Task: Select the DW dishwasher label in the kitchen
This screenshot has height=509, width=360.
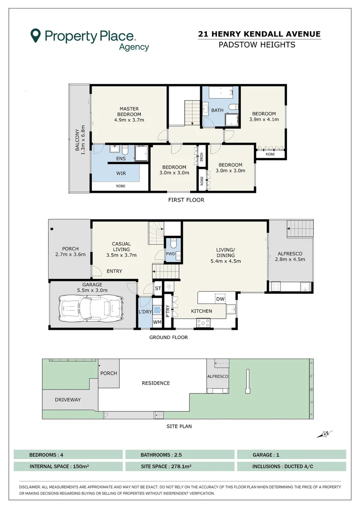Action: pyautogui.click(x=221, y=299)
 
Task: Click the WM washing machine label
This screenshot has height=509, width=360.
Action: pyautogui.click(x=157, y=322)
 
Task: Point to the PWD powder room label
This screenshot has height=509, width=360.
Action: pyautogui.click(x=171, y=254)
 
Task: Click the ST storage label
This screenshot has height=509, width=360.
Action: pyautogui.click(x=158, y=288)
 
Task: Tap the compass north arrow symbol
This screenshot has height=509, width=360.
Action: pyautogui.click(x=325, y=434)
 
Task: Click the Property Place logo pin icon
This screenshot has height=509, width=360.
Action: pyautogui.click(x=35, y=35)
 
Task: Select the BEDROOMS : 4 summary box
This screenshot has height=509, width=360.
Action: pyautogui.click(x=68, y=454)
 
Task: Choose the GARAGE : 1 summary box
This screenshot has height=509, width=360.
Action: pyautogui.click(x=292, y=454)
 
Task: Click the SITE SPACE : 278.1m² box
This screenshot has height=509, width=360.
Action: pyautogui.click(x=180, y=467)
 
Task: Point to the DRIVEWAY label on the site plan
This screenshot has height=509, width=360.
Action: pyautogui.click(x=67, y=400)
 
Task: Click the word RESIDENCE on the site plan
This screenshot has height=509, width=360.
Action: pyautogui.click(x=156, y=383)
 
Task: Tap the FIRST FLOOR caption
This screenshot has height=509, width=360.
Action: pyautogui.click(x=186, y=200)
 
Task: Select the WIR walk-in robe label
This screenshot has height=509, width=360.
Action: pyautogui.click(x=121, y=173)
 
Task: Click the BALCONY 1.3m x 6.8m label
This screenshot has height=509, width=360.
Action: pyautogui.click(x=80, y=140)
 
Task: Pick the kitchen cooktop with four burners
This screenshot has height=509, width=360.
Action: pyautogui.click(x=203, y=323)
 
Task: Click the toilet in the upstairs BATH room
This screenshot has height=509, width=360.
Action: pyautogui.click(x=234, y=107)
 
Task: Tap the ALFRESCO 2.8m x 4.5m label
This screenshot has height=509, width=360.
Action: pyautogui.click(x=290, y=256)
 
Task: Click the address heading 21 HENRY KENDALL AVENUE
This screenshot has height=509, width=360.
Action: pyautogui.click(x=259, y=34)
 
